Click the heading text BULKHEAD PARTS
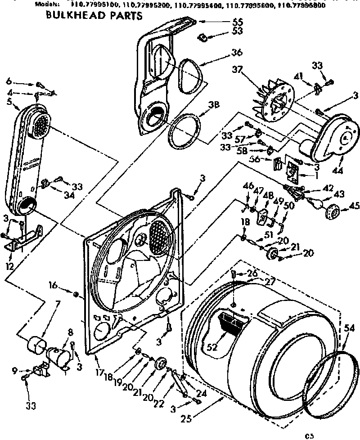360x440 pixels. tap(94, 17)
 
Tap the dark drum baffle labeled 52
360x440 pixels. tap(231, 323)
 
